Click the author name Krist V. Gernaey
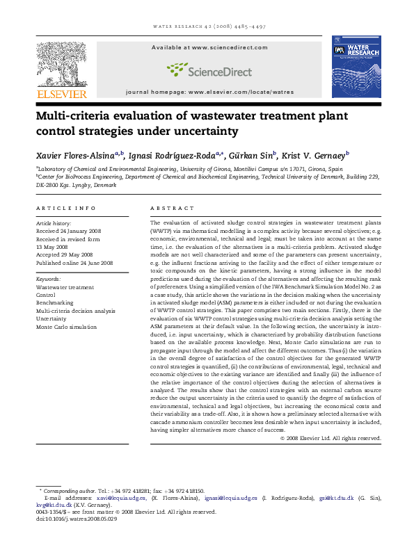point(317,155)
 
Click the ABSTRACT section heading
point(172,208)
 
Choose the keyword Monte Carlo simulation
point(66,327)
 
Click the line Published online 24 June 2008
point(74,263)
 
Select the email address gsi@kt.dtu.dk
point(337,498)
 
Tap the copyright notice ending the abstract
point(331,438)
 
